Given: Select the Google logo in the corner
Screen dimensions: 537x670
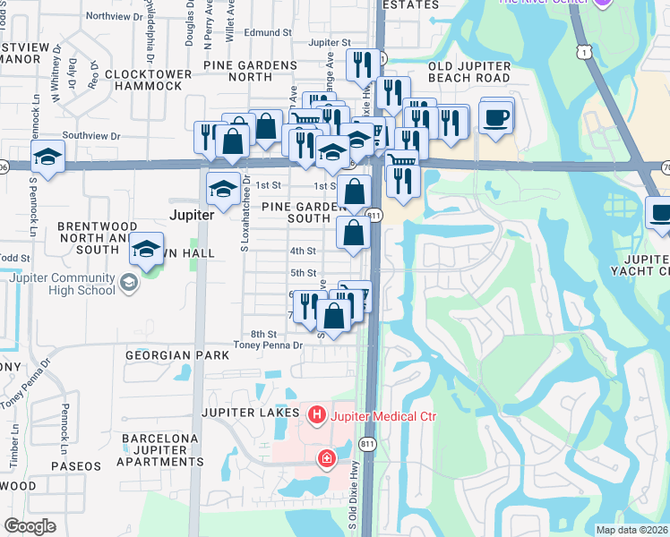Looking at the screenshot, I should point(30,526).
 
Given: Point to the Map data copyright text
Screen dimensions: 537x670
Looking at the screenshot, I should point(631,530).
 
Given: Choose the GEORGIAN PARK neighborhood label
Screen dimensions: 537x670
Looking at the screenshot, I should point(159,355).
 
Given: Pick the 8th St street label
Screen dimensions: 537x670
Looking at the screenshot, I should point(262,333).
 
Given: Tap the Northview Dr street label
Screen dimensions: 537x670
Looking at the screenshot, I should point(116,16).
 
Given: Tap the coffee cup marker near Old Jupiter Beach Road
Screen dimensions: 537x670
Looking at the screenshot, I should point(496,116).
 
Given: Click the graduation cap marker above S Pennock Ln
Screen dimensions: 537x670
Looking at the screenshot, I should point(47,158).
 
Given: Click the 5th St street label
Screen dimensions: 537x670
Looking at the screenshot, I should point(303,272).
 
